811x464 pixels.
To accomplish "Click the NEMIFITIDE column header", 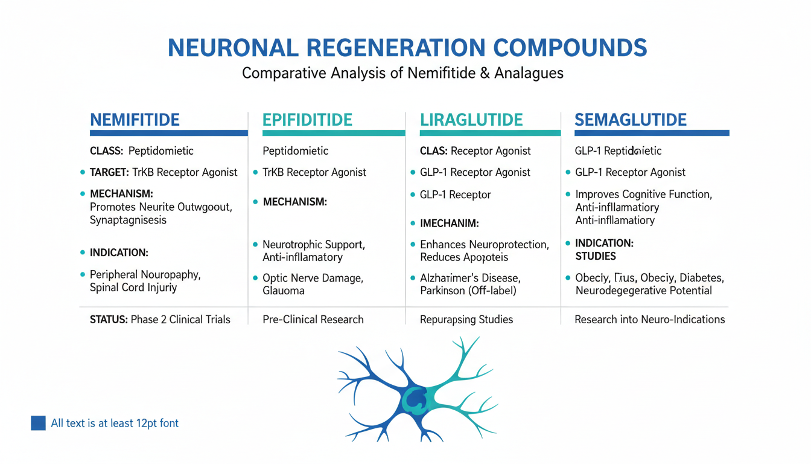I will point(135,119).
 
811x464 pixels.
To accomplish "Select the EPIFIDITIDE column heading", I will point(307,119).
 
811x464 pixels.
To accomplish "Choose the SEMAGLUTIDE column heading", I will point(631,119).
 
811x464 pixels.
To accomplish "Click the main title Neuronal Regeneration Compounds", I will point(407,48).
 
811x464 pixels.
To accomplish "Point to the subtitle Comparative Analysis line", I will point(402,73).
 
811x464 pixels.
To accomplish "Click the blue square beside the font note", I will point(38,423).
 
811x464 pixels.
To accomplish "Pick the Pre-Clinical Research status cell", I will point(313,319).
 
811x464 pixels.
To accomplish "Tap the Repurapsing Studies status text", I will point(466,319).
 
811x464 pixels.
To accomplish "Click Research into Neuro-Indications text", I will point(650,319).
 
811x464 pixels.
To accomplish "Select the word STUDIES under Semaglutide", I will point(596,256).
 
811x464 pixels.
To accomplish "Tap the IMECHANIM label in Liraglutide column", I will point(449,224).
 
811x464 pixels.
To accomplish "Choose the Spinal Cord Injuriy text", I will point(133,288).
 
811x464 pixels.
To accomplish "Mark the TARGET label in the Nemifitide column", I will point(109,172).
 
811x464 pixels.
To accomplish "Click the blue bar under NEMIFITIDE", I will point(168,133).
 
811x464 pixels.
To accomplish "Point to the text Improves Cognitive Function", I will point(644,195).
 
